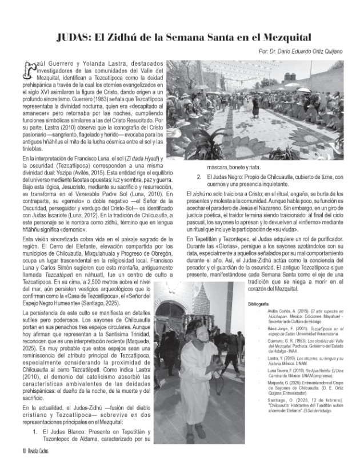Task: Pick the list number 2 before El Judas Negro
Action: point(198,177)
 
